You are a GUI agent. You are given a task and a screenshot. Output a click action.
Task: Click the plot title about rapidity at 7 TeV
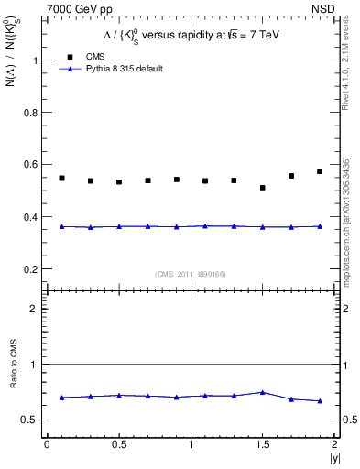(x=190, y=34)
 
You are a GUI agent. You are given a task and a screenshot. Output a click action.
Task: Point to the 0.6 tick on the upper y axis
(x=33, y=165)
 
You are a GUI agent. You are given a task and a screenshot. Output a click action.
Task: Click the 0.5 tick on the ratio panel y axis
(x=33, y=420)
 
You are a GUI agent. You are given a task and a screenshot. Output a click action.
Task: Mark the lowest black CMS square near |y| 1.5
(x=263, y=188)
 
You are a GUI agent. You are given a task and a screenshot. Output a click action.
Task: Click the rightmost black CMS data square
(x=320, y=171)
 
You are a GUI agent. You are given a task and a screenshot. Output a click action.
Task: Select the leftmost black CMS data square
(x=61, y=178)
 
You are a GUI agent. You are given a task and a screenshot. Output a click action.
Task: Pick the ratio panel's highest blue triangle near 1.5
(x=263, y=392)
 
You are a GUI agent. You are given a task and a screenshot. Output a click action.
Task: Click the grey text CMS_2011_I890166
(x=190, y=272)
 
